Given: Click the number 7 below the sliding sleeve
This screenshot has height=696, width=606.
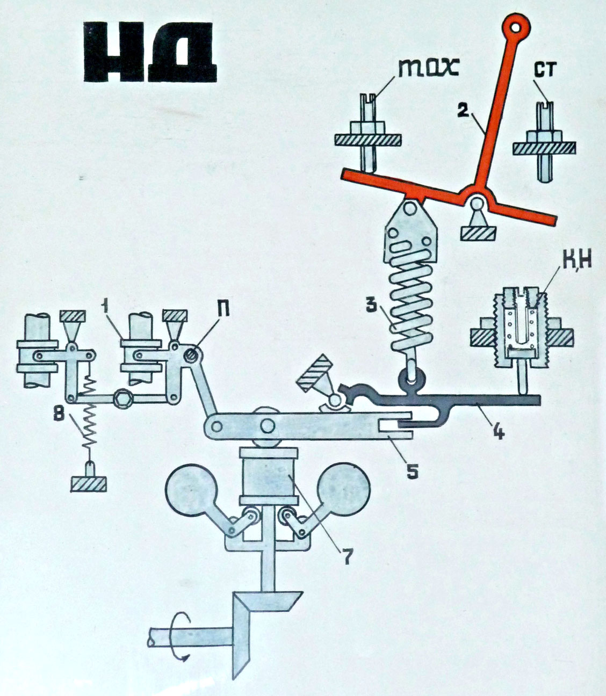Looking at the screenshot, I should [344, 556].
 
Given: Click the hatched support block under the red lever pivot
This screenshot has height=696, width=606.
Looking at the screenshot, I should [478, 233].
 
